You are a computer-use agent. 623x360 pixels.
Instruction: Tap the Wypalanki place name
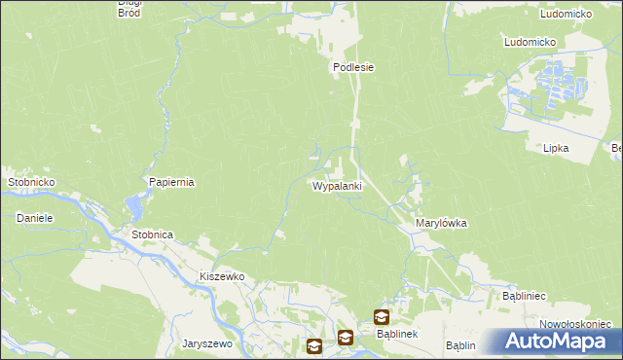338,186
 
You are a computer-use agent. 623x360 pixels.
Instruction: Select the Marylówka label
441,223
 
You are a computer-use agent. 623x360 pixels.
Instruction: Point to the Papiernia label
171,182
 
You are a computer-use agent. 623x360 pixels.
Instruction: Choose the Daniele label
34,218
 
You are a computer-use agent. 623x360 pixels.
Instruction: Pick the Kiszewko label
221,276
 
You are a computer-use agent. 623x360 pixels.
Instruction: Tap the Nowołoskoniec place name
574,324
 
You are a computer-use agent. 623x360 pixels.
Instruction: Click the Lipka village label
556,148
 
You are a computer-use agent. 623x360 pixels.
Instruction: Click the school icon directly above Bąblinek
381,316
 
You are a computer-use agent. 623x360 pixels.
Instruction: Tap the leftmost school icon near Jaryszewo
314,345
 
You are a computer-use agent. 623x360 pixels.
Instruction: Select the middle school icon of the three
346,338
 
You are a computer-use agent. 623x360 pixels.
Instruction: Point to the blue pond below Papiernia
133,206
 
